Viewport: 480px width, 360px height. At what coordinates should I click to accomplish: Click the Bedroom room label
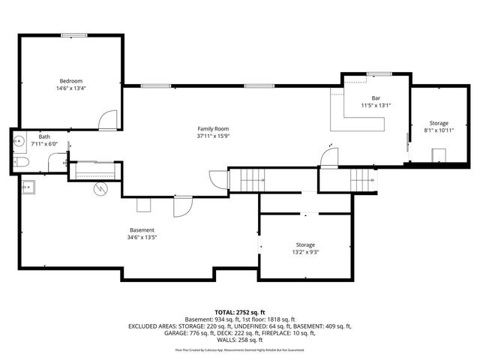71,81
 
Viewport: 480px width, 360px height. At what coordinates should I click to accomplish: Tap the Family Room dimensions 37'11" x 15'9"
212,136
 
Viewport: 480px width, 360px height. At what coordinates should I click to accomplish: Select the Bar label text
376,98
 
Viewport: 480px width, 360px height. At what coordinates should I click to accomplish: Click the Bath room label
44,136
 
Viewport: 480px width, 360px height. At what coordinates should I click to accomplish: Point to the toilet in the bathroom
21,162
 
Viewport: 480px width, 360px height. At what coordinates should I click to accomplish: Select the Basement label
141,230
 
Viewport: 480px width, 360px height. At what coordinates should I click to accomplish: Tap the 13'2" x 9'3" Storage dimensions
304,253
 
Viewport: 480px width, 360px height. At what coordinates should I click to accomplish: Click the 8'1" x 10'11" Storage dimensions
439,130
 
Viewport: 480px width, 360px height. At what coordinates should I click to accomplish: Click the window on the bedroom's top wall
72,34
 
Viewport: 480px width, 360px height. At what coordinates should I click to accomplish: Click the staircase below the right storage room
363,179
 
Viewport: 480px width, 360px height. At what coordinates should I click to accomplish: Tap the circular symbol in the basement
100,190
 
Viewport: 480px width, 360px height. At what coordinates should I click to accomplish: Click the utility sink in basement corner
30,187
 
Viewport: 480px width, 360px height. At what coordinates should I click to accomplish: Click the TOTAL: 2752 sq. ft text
239,312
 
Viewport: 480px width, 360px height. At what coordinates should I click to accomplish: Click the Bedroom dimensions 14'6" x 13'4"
71,88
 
